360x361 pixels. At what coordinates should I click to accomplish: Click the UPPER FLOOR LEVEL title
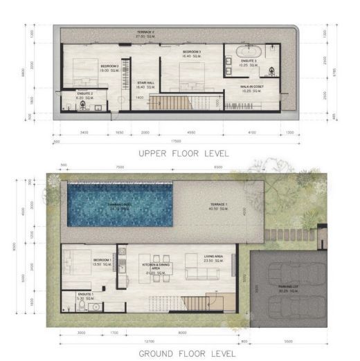tap(183, 152)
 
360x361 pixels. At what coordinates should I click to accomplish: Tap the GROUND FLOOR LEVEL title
tap(183, 353)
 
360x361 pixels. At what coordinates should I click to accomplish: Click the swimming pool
tap(122, 206)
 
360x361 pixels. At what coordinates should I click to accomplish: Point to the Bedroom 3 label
tap(192, 53)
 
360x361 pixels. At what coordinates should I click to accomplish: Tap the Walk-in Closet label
tap(251, 88)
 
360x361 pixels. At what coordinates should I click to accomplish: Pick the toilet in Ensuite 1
tap(66, 303)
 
